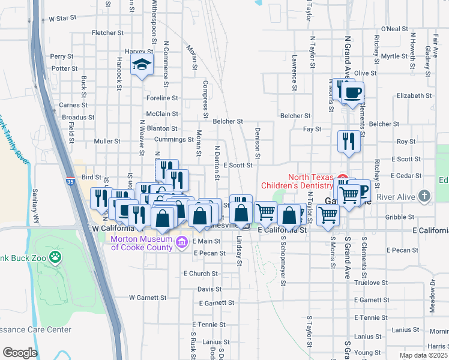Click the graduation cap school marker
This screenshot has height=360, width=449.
click(x=142, y=66)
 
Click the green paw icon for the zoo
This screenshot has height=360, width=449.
click(x=55, y=256)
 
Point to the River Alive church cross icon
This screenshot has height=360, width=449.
click(x=425, y=196)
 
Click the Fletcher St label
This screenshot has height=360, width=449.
click(x=107, y=32)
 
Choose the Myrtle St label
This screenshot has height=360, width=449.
click(x=394, y=56)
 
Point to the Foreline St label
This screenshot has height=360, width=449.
click(x=163, y=98)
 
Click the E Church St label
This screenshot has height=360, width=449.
click(x=200, y=274)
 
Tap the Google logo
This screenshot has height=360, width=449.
click(x=20, y=353)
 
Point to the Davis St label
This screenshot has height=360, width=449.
click(x=209, y=289)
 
